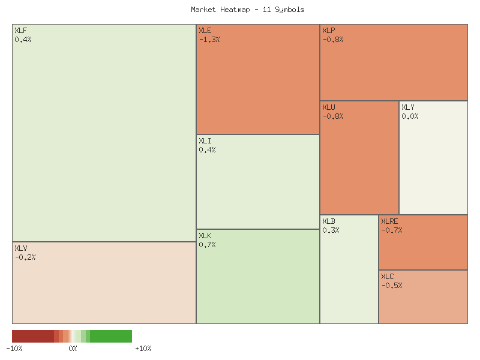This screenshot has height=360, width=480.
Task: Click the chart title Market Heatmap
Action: point(247,10)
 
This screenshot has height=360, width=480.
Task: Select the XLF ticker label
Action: point(20,31)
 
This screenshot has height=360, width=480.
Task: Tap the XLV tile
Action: point(104,283)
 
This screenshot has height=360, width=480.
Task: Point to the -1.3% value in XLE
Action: point(209,40)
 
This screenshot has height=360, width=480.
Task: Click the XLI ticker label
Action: point(205,141)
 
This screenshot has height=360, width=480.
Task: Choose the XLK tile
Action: point(258,277)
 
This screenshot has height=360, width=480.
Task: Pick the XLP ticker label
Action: point(329,31)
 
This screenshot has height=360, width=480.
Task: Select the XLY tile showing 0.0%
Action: point(433,157)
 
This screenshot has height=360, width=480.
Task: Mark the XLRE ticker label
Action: point(389,221)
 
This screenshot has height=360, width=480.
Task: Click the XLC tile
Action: point(423,296)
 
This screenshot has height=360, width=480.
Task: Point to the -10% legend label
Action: point(14,349)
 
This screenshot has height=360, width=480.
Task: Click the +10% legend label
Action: point(143,349)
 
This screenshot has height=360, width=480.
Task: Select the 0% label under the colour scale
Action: point(73,349)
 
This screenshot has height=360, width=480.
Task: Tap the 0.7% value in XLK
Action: point(207,245)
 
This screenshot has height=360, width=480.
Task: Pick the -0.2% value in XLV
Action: point(25,257)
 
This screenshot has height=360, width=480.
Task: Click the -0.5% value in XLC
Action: point(392,286)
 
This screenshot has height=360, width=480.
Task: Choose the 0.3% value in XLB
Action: point(331,230)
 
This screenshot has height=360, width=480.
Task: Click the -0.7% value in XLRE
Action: point(392,230)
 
